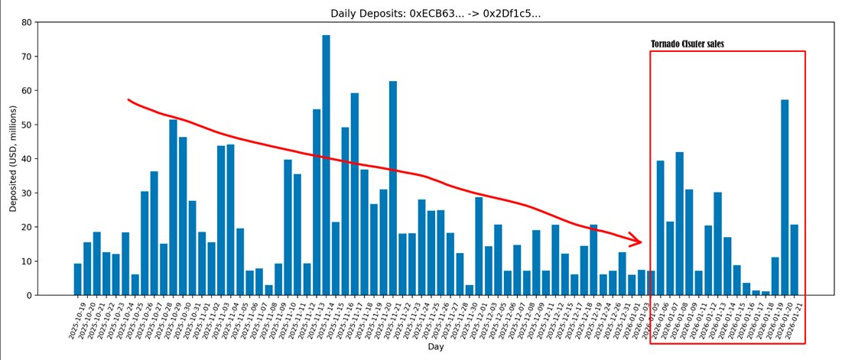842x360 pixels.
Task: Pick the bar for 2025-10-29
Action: point(173,207)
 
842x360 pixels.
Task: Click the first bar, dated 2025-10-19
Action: point(77,279)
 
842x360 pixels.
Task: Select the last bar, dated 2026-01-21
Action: point(795,260)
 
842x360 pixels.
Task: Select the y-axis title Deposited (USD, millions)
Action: point(13,159)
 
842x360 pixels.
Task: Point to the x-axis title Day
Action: point(435,346)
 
